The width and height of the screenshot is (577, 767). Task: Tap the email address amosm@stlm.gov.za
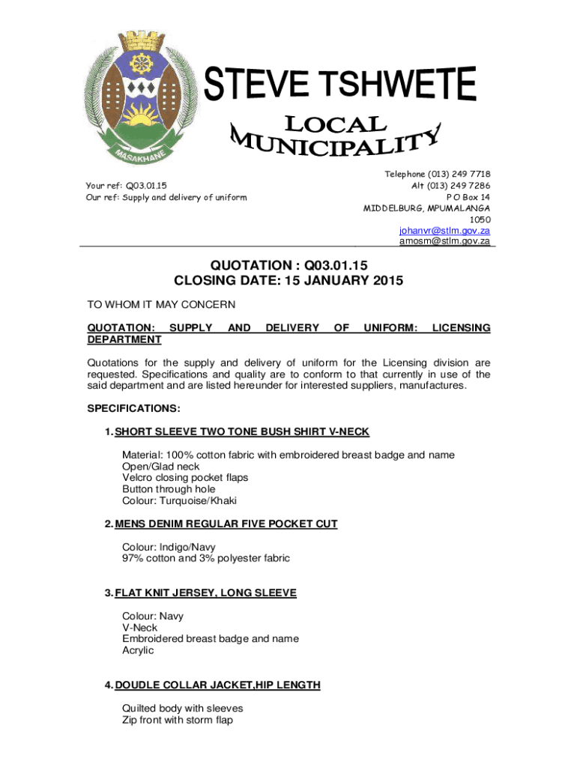click(x=444, y=241)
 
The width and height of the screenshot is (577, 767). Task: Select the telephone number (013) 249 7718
click(x=438, y=174)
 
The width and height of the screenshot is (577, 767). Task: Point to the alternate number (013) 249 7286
click(x=451, y=185)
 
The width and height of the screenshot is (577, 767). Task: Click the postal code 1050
click(x=480, y=219)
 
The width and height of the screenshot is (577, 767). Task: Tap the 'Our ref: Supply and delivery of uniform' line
click(x=167, y=198)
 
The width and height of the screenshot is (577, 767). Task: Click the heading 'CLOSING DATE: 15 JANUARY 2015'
click(x=288, y=282)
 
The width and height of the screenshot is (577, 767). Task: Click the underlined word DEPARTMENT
click(x=124, y=340)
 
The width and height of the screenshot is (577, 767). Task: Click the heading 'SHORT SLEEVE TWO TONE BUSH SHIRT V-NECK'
click(x=242, y=432)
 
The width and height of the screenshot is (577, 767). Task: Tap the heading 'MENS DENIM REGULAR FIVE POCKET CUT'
click(x=226, y=524)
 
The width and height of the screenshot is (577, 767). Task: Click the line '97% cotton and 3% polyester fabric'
click(x=206, y=558)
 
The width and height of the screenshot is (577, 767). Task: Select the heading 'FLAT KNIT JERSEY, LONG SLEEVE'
click(x=206, y=593)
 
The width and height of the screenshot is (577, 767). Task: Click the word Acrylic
click(x=139, y=650)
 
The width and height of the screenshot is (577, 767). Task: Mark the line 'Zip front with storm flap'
click(x=178, y=720)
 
